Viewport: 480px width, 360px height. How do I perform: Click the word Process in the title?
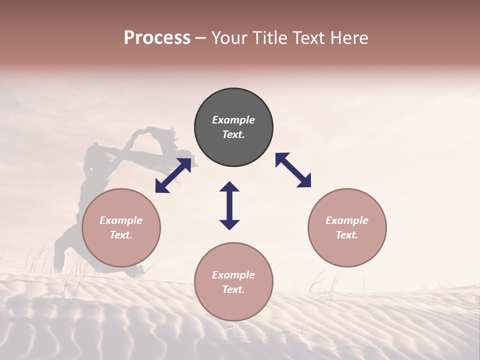tap(157, 38)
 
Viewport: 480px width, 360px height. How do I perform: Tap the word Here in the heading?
tap(348, 38)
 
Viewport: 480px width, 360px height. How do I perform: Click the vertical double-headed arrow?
tap(229, 205)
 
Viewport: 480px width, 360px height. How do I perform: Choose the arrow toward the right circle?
tap(293, 170)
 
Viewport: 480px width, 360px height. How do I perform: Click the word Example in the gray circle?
tap(233, 120)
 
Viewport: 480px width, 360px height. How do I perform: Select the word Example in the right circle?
tap(347, 220)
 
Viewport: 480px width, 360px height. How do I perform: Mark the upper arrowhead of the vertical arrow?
tap(229, 188)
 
